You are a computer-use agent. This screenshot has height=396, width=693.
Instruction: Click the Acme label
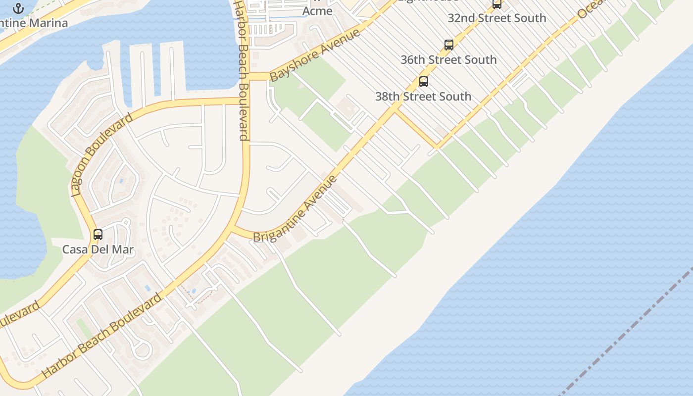tap(317, 10)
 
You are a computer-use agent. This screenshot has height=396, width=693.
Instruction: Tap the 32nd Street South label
tap(496, 18)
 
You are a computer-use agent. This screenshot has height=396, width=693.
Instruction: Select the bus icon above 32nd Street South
tap(496, 4)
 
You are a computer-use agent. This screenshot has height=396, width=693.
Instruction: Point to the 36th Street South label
tap(448, 60)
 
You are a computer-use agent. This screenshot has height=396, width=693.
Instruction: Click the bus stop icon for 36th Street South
tap(448, 45)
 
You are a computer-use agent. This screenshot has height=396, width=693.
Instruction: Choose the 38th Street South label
tap(423, 97)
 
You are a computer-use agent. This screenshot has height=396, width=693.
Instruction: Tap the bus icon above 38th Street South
tap(423, 82)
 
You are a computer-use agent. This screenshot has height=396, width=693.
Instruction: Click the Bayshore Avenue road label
tap(315, 55)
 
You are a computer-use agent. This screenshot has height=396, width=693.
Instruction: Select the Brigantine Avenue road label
tap(296, 209)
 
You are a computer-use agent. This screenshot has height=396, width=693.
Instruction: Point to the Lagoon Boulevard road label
tap(102, 155)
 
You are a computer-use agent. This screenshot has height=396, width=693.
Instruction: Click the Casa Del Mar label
tap(98, 249)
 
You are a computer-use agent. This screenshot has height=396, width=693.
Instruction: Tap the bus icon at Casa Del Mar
tap(98, 235)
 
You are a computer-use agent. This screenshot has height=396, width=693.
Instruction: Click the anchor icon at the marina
tap(18, 8)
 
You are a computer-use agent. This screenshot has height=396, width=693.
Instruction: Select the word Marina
tap(48, 23)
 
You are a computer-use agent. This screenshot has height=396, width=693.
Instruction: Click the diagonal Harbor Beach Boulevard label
tap(102, 336)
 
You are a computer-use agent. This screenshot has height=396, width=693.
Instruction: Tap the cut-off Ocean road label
tap(591, 9)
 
